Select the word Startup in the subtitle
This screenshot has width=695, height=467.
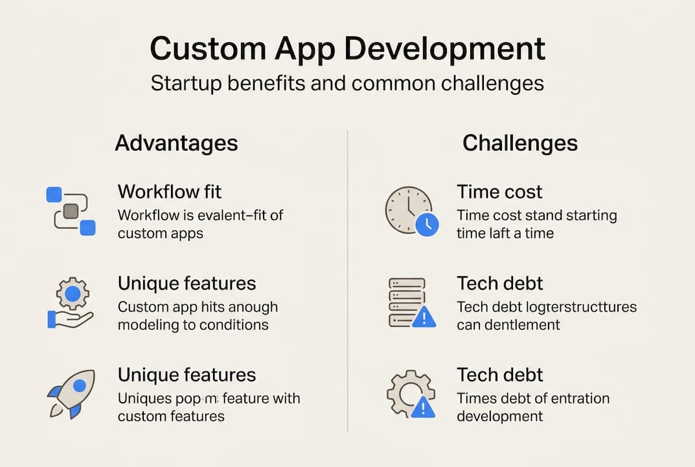pyautogui.click(x=187, y=84)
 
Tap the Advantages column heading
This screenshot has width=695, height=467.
pyautogui.click(x=176, y=143)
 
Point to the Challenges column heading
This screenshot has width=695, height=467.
pyautogui.click(x=519, y=143)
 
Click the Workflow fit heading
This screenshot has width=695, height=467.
pyautogui.click(x=169, y=192)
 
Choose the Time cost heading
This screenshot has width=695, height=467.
pyautogui.click(x=499, y=192)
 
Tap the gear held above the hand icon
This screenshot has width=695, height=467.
pyautogui.click(x=73, y=294)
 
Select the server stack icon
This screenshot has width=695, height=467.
pyautogui.click(x=407, y=302)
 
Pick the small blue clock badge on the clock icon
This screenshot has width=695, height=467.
pyautogui.click(x=427, y=224)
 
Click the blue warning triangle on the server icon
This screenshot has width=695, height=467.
pyautogui.click(x=424, y=317)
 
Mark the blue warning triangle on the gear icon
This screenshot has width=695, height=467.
pyautogui.click(x=424, y=407)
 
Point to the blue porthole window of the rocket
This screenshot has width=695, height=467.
pyautogui.click(x=80, y=386)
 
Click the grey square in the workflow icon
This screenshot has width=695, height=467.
pyautogui.click(x=71, y=210)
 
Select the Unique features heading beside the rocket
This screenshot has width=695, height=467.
pyautogui.click(x=187, y=375)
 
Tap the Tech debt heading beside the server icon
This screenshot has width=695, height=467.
pyautogui.click(x=499, y=283)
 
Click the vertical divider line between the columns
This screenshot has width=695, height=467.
pyautogui.click(x=348, y=279)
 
